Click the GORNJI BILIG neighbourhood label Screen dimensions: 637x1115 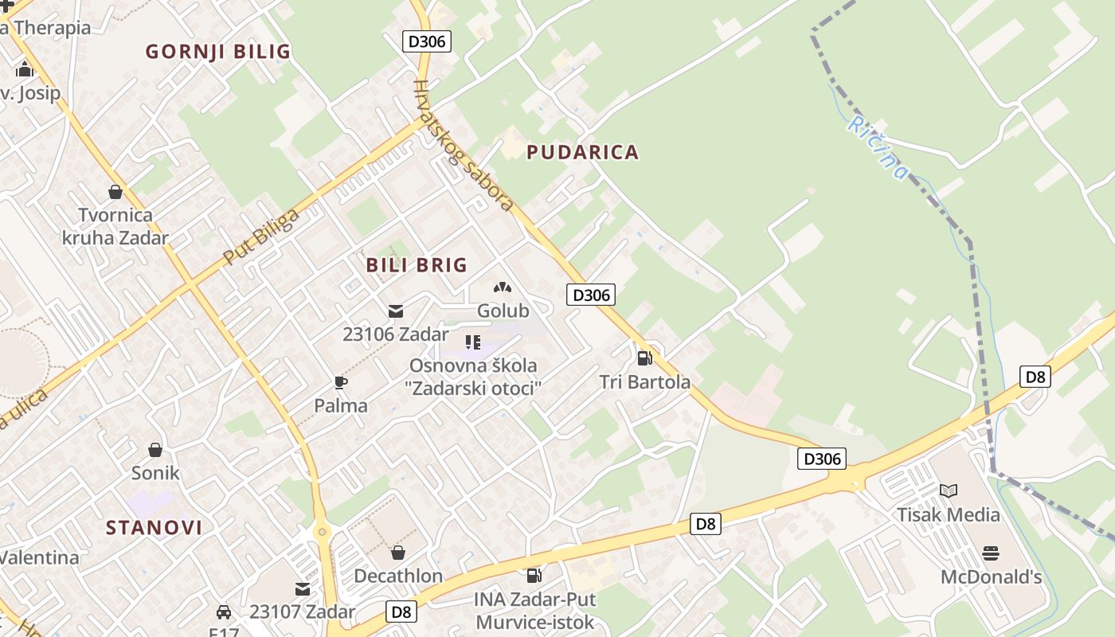(x=217, y=52)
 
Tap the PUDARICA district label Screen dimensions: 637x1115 (x=582, y=152)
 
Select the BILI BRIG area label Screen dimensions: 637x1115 (x=416, y=265)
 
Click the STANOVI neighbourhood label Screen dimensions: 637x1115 (x=154, y=527)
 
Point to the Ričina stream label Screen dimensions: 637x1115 (x=878, y=147)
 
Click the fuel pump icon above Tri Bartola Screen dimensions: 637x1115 (x=644, y=358)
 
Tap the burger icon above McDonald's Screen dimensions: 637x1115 (x=991, y=553)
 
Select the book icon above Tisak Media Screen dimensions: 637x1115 (x=948, y=490)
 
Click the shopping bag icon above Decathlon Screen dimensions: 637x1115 (x=397, y=552)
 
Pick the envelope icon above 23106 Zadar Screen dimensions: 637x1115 (x=396, y=311)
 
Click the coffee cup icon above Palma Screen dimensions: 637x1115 (x=341, y=382)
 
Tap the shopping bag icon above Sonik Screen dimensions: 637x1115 (x=155, y=450)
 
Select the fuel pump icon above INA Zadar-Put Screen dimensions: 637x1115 (x=534, y=575)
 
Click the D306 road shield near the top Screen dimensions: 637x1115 (x=427, y=41)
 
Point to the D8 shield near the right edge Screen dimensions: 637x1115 (x=1035, y=377)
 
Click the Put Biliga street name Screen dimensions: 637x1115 (x=261, y=236)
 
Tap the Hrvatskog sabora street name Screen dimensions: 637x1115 (x=463, y=146)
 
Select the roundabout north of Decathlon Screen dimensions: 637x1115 (x=322, y=531)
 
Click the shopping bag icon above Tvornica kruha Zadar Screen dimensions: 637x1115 (x=115, y=192)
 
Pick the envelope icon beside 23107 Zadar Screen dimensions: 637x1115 (x=303, y=589)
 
